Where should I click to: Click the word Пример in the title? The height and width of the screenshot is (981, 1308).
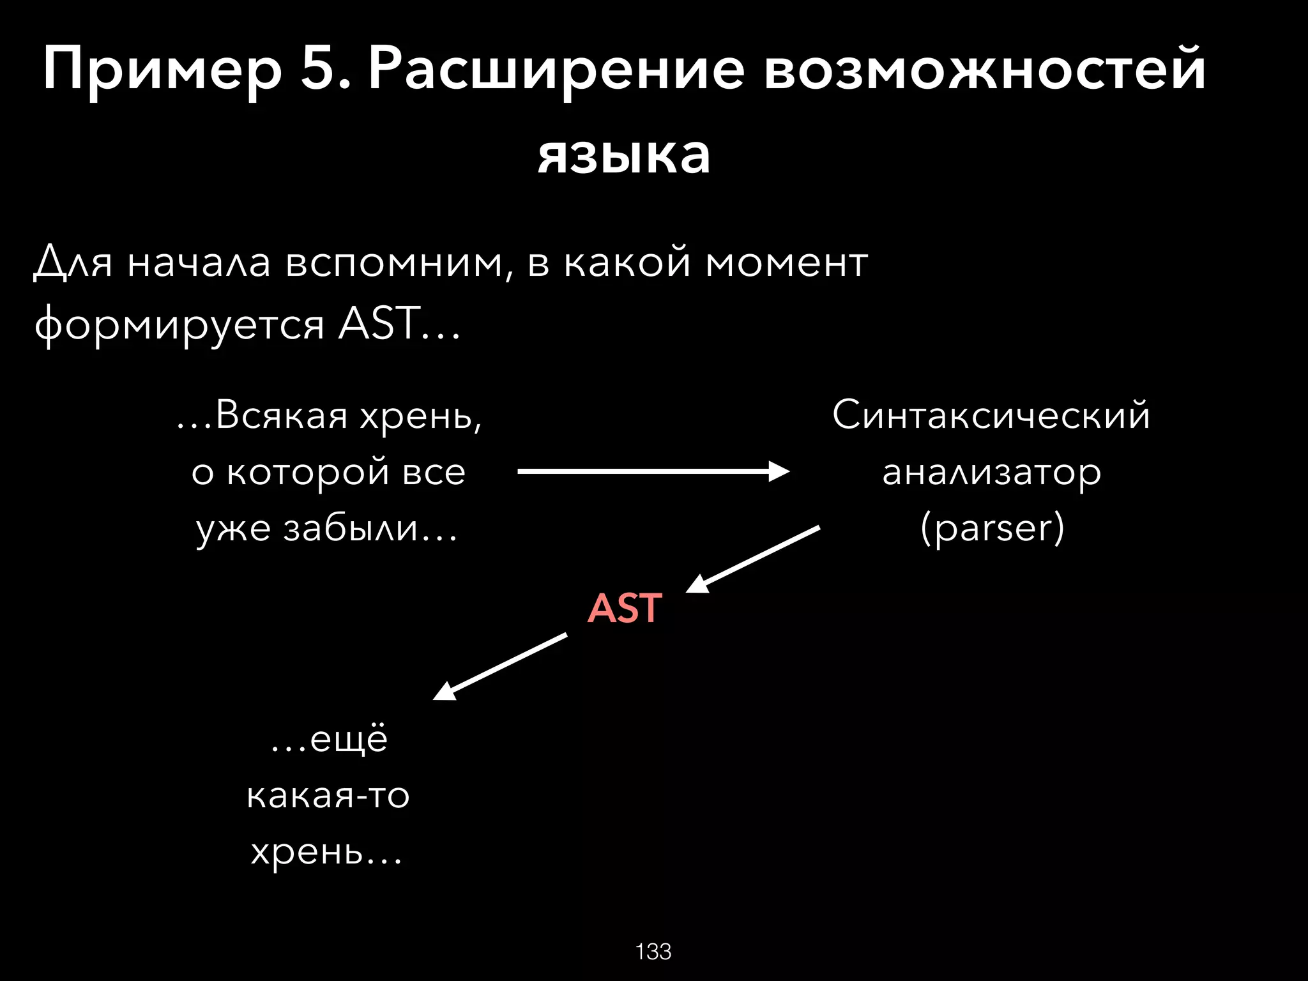162,70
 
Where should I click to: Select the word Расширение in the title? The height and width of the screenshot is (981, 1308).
556,70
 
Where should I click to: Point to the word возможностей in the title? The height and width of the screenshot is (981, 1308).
984,70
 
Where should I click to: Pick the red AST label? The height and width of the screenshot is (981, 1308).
624,608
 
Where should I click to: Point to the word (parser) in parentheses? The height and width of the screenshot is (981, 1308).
992,528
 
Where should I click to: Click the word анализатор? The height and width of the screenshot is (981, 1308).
991,473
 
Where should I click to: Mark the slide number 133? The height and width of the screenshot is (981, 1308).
653,952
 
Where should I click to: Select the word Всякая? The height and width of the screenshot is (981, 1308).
282,415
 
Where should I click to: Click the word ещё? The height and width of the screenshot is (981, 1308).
348,740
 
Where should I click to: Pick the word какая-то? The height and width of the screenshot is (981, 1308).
328,796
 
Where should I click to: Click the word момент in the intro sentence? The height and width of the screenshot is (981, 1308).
786,262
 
